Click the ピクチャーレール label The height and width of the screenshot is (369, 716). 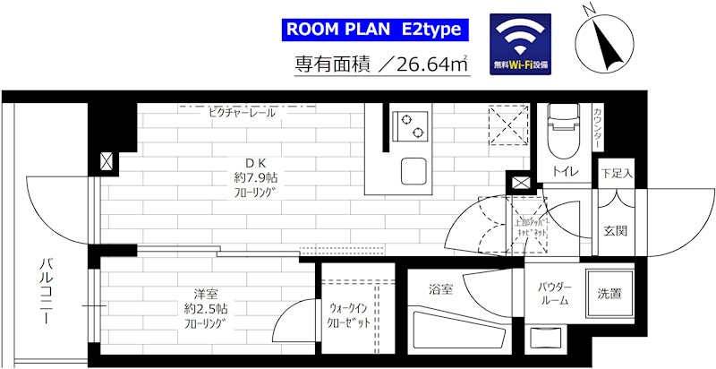point(242,113)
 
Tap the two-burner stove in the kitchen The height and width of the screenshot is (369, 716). point(411,124)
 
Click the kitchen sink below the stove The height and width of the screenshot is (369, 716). point(414,169)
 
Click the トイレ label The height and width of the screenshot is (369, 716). point(563,172)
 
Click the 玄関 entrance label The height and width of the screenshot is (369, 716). point(615,230)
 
